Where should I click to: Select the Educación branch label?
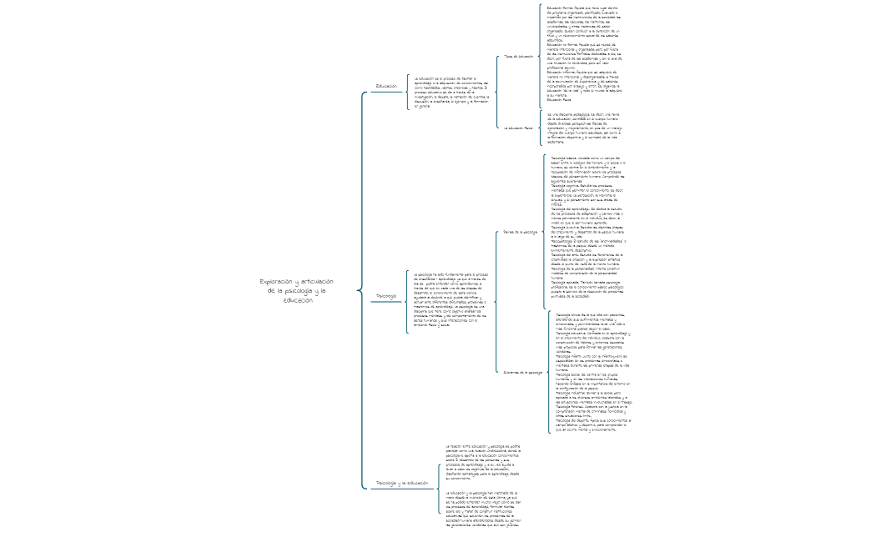point(386,86)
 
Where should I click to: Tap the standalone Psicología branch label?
point(385,296)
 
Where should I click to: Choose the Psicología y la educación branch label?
point(402,483)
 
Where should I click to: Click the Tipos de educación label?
point(518,57)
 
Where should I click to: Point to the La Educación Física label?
point(518,128)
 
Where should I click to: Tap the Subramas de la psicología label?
point(524,371)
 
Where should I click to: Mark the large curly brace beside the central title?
point(360,289)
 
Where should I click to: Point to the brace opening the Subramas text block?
point(549,373)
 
